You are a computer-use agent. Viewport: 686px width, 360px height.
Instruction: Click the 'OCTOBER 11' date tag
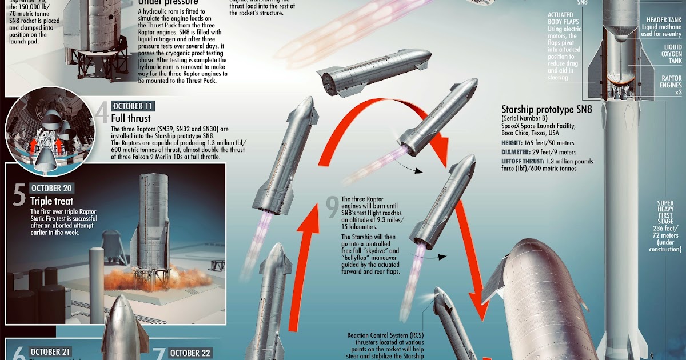pyautogui.click(x=133, y=106)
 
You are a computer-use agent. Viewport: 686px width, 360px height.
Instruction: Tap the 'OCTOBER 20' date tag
pyautogui.click(x=51, y=188)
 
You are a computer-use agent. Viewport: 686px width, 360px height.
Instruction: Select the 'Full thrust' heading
pyautogui.click(x=131, y=118)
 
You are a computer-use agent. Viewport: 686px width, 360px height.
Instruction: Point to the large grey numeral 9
pyautogui.click(x=332, y=209)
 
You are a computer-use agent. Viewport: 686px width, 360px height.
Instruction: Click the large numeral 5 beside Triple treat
pyautogui.click(x=19, y=195)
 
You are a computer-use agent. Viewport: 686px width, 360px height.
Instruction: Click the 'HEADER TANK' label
pyautogui.click(x=667, y=20)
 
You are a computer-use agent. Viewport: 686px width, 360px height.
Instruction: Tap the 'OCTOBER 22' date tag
pyautogui.click(x=190, y=353)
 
